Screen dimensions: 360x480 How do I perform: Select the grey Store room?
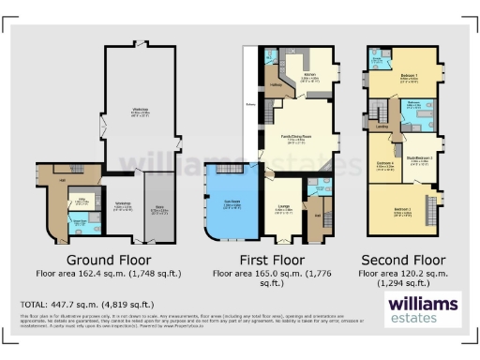tap(158, 211)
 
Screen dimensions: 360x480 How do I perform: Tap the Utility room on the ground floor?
tap(82, 201)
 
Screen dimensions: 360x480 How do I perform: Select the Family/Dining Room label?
tap(297, 140)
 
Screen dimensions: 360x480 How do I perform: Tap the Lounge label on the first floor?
tap(282, 210)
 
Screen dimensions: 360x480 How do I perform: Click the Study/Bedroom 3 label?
tap(418, 157)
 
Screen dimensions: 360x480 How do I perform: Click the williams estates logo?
tap(422, 308)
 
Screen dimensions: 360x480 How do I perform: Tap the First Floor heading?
tap(271, 259)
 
